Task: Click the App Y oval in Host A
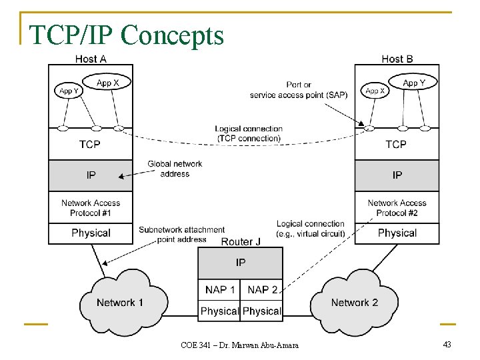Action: coord(67,91)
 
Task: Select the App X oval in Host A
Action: coord(108,83)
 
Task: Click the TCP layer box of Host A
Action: coord(90,144)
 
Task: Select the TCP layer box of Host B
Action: coord(397,144)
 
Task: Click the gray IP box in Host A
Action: coord(91,175)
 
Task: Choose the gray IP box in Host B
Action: coord(397,175)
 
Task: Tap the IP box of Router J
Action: coord(241,263)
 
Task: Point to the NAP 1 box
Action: coord(219,289)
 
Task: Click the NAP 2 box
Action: coord(262,289)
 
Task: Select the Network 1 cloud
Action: coord(121,302)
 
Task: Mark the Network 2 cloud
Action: coord(354,302)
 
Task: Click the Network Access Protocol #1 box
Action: coord(91,208)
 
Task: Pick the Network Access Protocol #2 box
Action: coord(397,208)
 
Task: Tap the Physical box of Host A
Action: coord(91,233)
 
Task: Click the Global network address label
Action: coord(175,169)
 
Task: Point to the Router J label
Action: coord(241,241)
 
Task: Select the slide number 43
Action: coord(447,344)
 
